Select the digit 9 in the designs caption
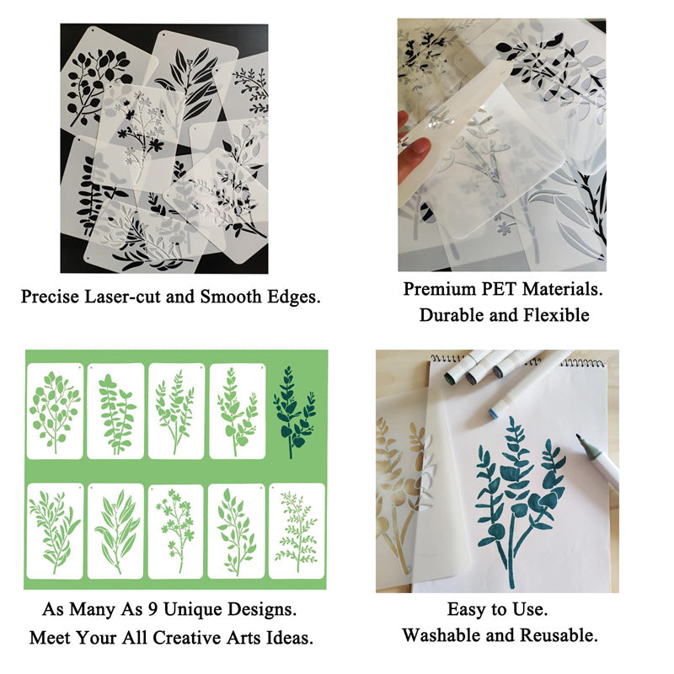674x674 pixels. pyautogui.click(x=152, y=609)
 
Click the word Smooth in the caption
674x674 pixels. pyautogui.click(x=231, y=297)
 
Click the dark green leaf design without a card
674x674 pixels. pyautogui.click(x=294, y=411)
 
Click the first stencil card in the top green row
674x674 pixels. pyautogui.click(x=55, y=411)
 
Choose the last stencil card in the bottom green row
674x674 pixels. pyautogui.click(x=297, y=532)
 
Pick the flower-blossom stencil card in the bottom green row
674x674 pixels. pyautogui.click(x=176, y=532)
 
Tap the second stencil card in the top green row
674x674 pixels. pyautogui.click(x=115, y=411)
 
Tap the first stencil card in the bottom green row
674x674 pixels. pyautogui.click(x=55, y=532)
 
